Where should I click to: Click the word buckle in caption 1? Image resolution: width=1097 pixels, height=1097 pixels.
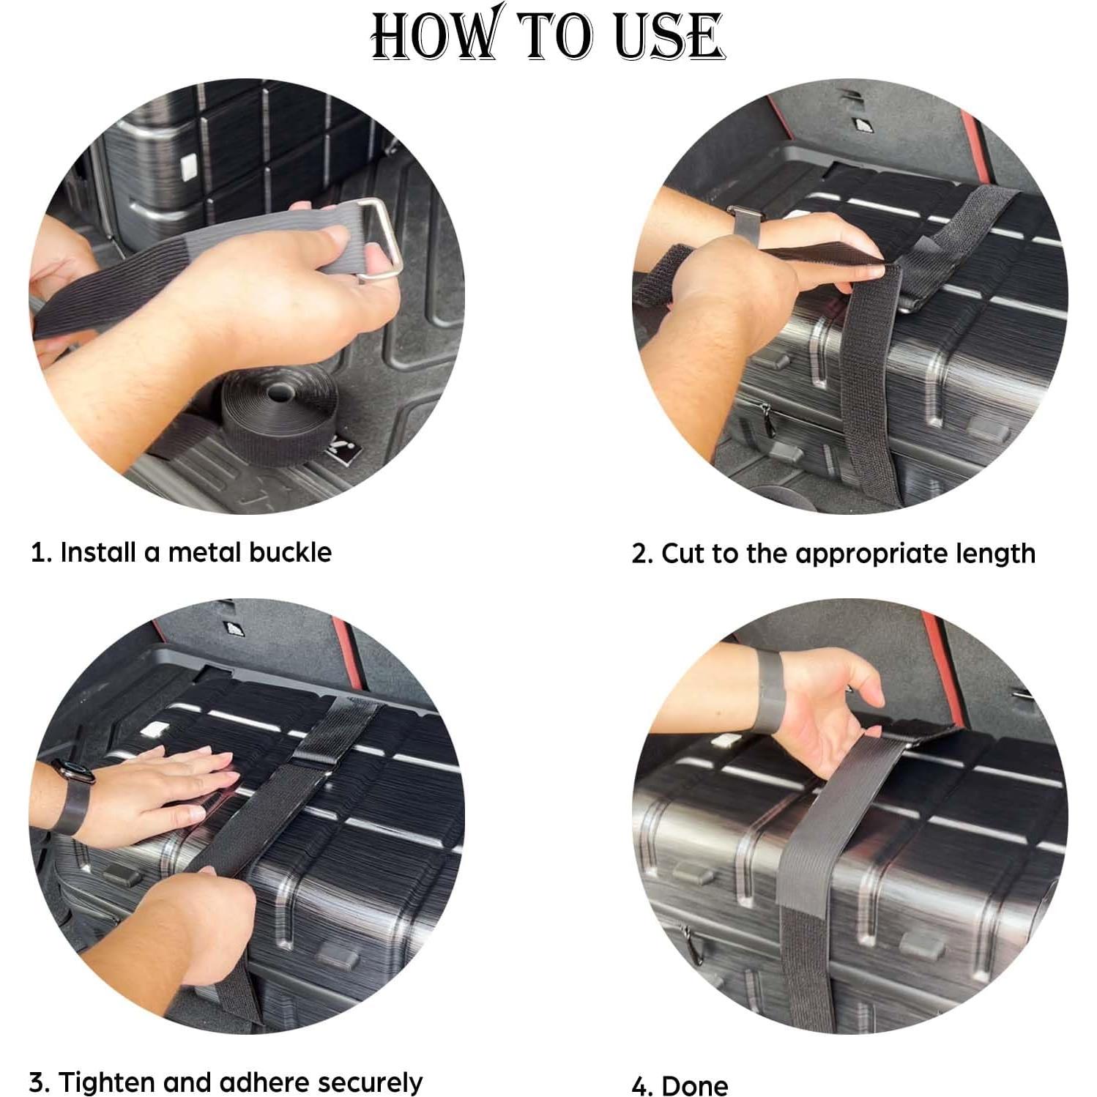(x=290, y=552)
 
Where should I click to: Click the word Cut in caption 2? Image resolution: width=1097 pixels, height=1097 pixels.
(x=683, y=554)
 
